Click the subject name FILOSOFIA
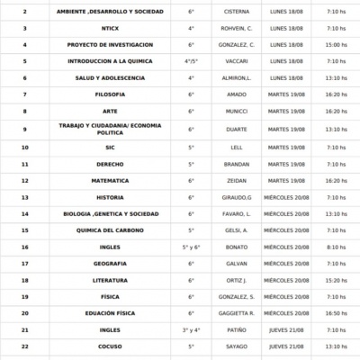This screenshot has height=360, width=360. pyautogui.click(x=109, y=93)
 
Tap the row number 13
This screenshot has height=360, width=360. pyautogui.click(x=24, y=197)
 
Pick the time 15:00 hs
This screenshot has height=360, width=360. pyautogui.click(x=337, y=44)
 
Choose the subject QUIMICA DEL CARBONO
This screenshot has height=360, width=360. pyautogui.click(x=109, y=229)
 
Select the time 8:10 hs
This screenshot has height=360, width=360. pyautogui.click(x=337, y=246)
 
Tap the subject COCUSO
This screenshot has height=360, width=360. pyautogui.click(x=109, y=346)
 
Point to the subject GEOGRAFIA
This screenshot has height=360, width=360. pyautogui.click(x=109, y=263)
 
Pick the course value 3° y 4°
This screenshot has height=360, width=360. pyautogui.click(x=191, y=329)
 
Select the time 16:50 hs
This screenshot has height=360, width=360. pyautogui.click(x=337, y=312)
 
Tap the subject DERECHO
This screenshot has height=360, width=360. pyautogui.click(x=109, y=164)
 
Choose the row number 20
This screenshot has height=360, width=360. pyautogui.click(x=24, y=312)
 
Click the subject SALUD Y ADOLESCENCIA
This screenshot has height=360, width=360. pyautogui.click(x=109, y=76)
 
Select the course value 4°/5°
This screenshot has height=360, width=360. pyautogui.click(x=191, y=60)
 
